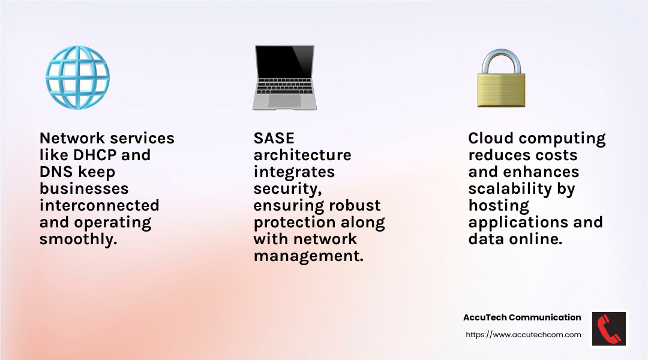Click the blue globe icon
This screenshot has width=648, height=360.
[77, 77]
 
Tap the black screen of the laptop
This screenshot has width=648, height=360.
[284, 62]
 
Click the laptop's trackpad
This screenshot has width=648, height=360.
[284, 100]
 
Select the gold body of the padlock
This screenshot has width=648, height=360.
[501, 89]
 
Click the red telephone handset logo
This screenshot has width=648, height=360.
[609, 329]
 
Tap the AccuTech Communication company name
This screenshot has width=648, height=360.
[522, 317]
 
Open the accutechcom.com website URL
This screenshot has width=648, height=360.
[523, 335]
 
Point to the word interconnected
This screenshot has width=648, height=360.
[99, 205]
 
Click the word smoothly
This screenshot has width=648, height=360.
[79, 239]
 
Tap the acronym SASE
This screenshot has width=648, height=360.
[274, 138]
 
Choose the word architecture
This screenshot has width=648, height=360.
[302, 155]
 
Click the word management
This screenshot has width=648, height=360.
[308, 256]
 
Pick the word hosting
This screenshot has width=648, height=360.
[499, 206]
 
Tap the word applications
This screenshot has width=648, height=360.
[517, 223]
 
